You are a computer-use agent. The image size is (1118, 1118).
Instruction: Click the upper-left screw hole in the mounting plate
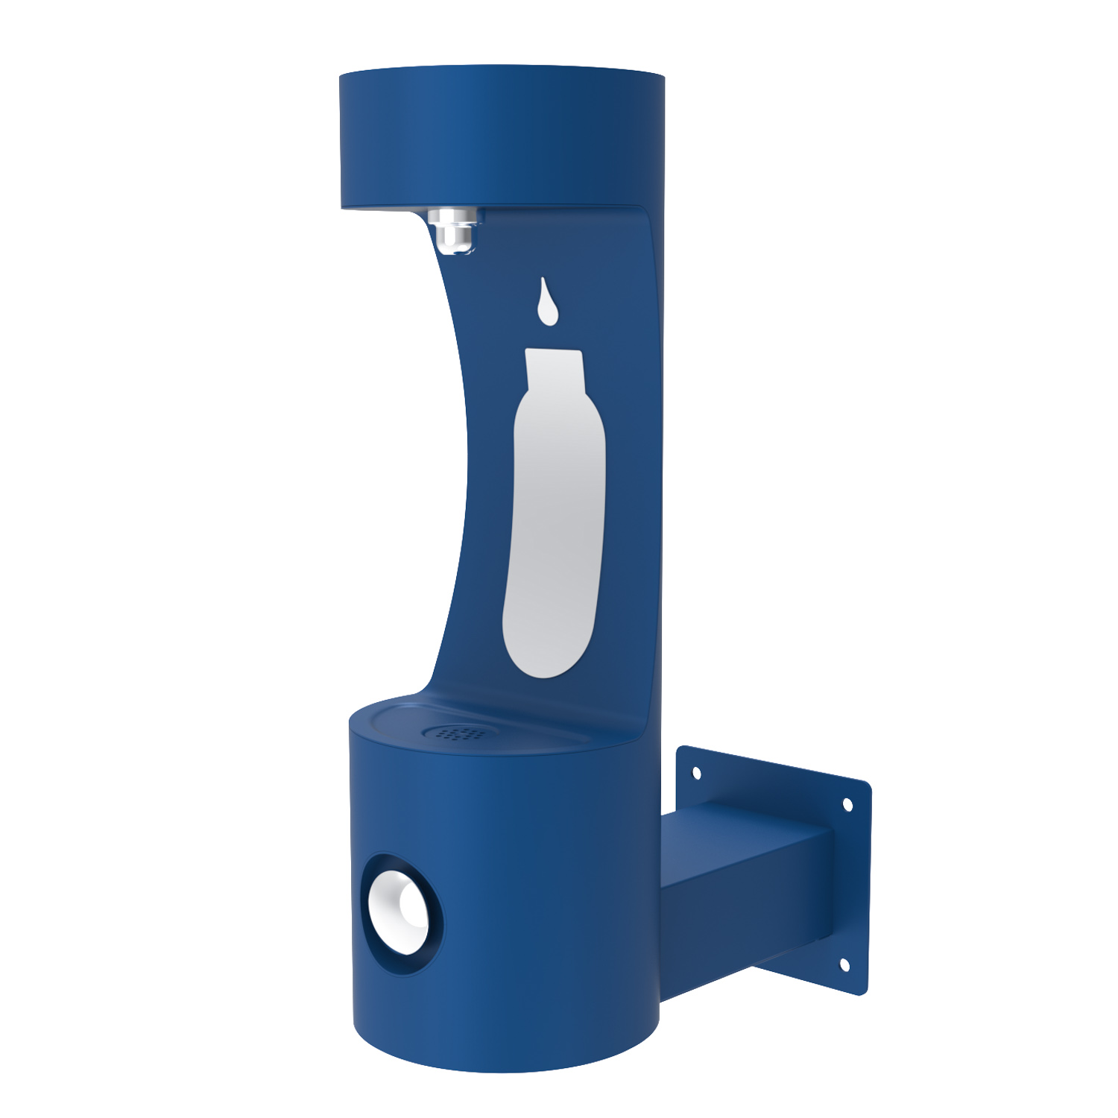click(697, 773)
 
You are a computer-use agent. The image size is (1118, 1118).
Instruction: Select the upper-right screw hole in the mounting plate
click(847, 805)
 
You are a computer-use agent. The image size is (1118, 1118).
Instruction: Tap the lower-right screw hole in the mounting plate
click(844, 964)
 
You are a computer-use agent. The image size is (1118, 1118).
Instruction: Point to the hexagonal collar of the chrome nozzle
click(452, 219)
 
